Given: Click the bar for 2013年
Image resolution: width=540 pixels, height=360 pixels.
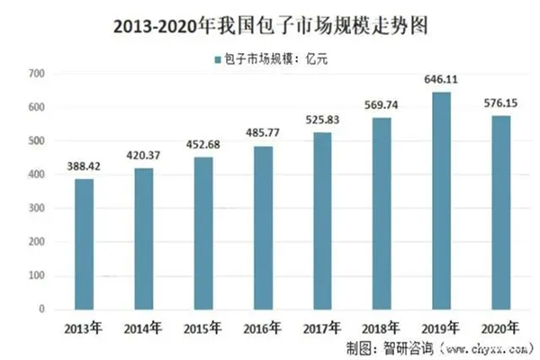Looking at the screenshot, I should point(84,244).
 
